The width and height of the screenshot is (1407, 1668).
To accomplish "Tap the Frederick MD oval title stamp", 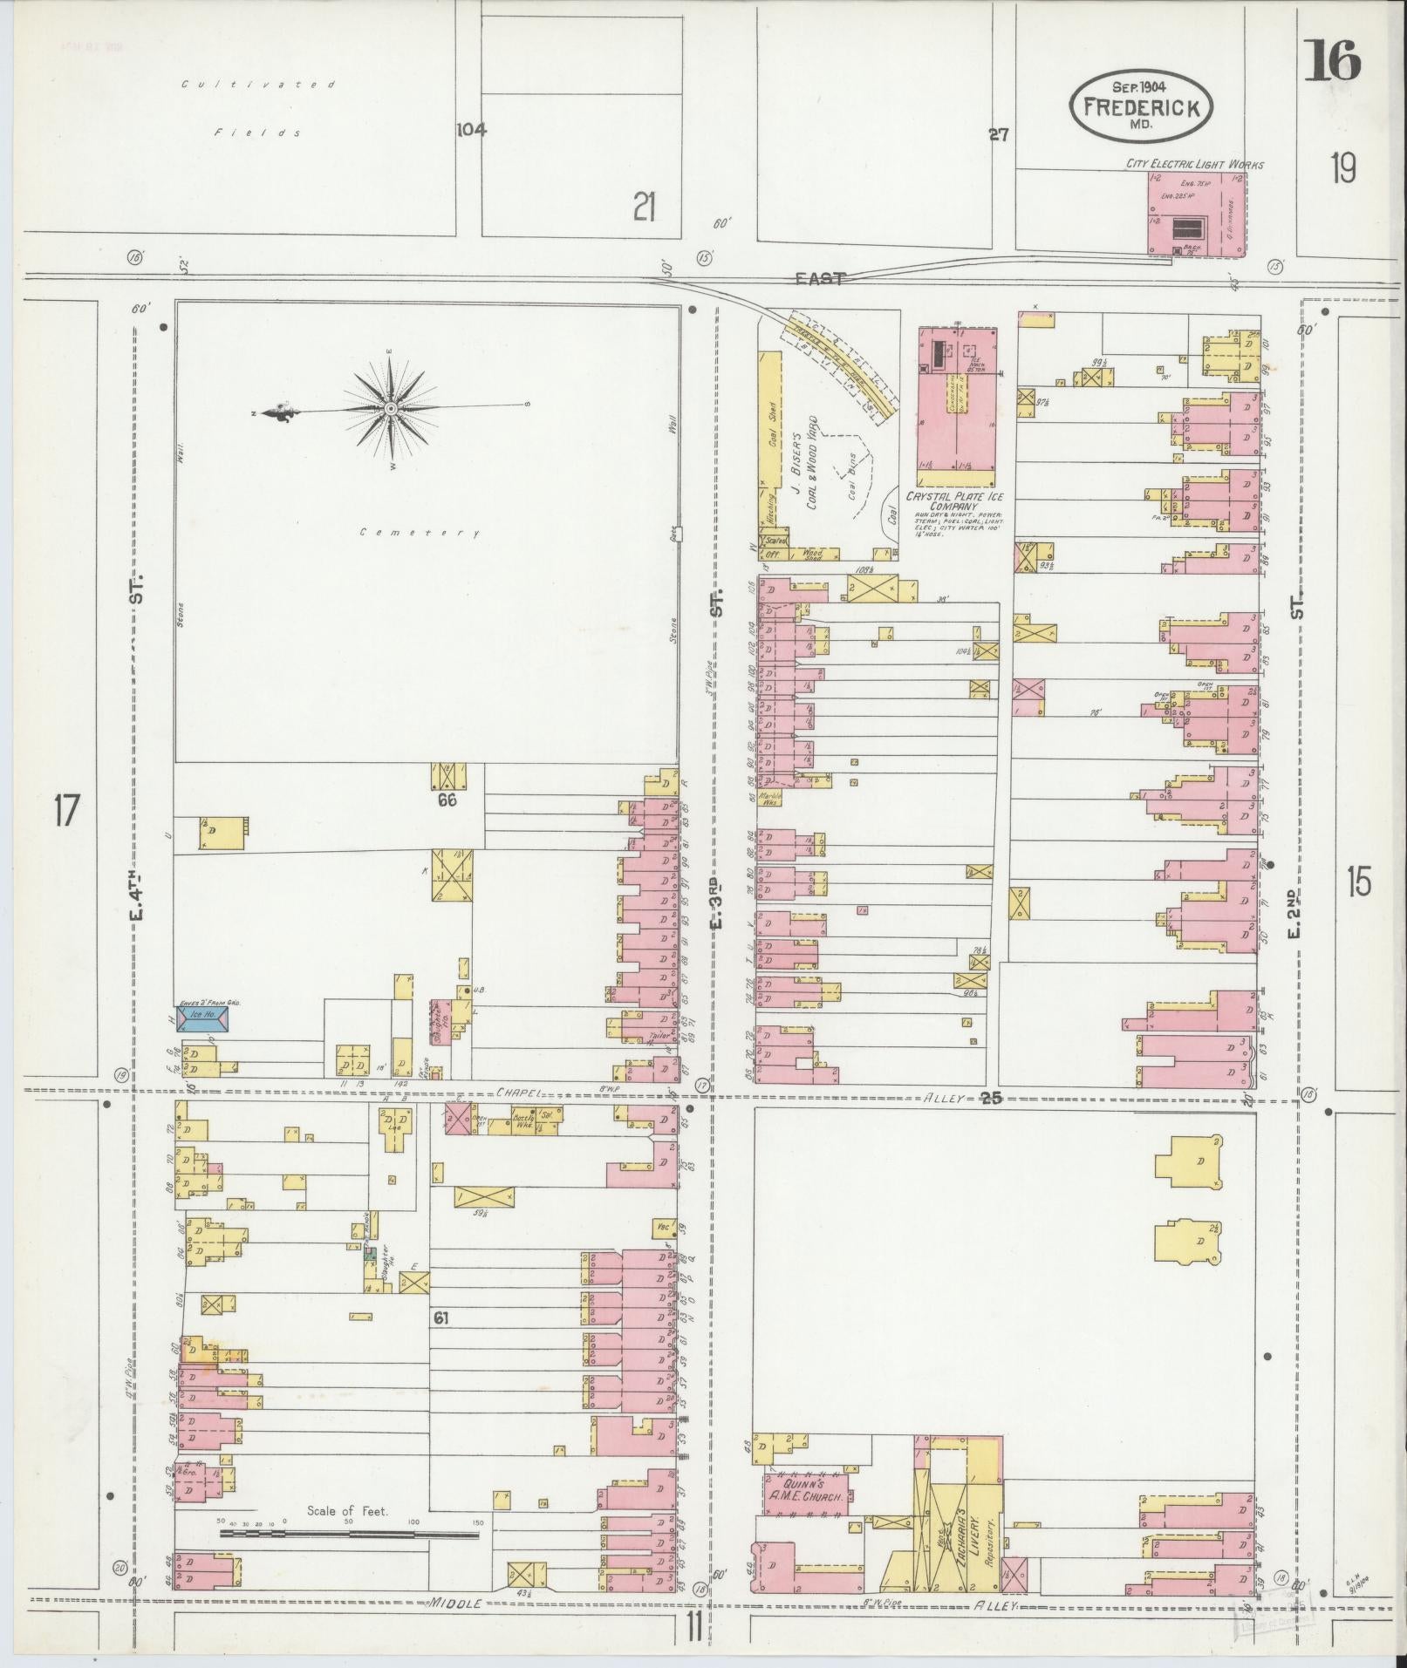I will pos(1142,106).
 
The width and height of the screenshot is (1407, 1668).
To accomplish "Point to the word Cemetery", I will pos(420,533).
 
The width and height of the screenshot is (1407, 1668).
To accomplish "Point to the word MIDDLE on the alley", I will pos(455,1603).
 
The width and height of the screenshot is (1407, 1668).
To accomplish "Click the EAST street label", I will pos(820,278).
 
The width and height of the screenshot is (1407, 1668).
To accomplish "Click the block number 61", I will pos(441,1342).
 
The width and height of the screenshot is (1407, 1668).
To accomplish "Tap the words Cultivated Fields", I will pos(258,108).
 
